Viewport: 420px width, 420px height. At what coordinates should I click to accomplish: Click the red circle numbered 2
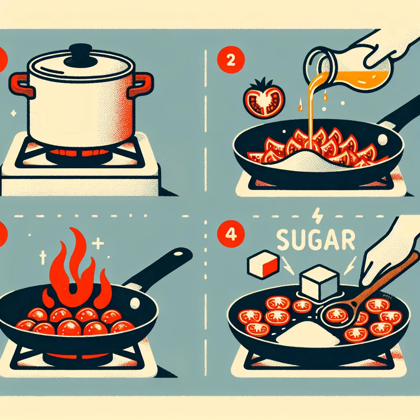231,60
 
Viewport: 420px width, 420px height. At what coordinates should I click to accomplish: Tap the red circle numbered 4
231,233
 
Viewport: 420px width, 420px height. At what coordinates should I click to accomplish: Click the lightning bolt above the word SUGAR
318,216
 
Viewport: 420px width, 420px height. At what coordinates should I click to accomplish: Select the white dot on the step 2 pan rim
382,140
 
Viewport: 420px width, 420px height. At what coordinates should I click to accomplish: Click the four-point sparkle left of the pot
13,113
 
